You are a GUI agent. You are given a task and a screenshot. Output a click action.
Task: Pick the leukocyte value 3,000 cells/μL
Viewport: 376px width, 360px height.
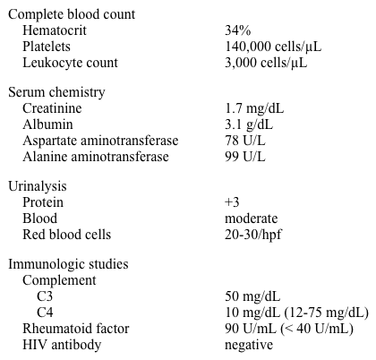coord(267,63)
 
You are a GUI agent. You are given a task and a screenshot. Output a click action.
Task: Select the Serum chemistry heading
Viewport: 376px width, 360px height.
coord(56,92)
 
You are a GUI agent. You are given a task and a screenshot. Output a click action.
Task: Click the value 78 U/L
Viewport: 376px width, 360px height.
coord(242,141)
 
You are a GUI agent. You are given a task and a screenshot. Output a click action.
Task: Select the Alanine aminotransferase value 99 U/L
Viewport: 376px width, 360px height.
coord(242,157)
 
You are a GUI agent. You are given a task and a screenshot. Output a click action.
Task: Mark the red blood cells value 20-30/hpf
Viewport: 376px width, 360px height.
coord(256,235)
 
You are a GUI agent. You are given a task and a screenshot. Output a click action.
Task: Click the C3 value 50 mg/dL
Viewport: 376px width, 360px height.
coord(252,296)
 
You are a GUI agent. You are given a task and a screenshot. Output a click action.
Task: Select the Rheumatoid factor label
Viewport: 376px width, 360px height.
coord(77,328)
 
